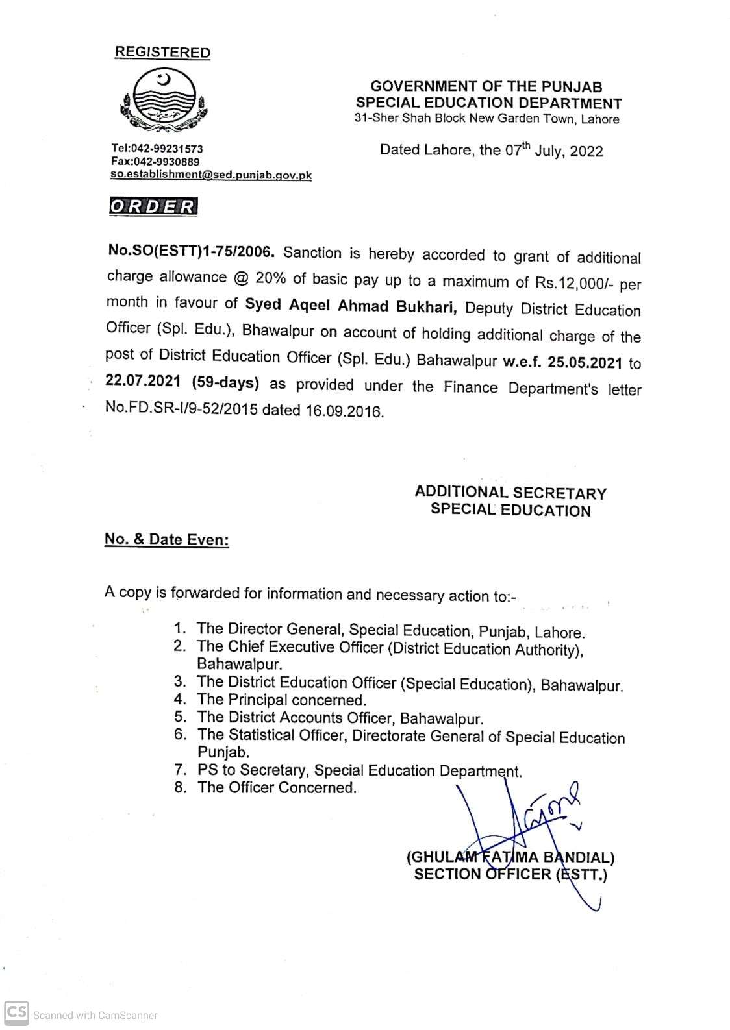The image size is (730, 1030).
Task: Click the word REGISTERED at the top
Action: tap(162, 53)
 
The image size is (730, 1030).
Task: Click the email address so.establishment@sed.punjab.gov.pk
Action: tap(211, 175)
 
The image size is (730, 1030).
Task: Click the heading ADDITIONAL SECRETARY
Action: tap(510, 493)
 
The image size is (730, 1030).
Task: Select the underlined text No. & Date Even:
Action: tap(167, 539)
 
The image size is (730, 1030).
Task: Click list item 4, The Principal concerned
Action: tap(281, 700)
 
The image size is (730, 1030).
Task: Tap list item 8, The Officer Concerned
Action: tap(277, 787)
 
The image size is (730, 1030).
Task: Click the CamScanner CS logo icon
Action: tap(16, 1012)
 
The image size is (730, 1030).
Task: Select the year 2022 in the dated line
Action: tap(586, 151)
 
